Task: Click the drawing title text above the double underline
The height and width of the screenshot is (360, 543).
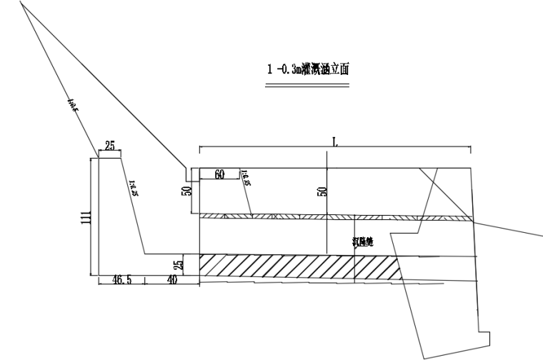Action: click(x=307, y=70)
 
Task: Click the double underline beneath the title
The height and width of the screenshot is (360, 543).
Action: click(x=307, y=87)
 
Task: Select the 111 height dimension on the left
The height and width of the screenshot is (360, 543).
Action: click(x=85, y=216)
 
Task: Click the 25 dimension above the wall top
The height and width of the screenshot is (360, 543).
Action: click(x=110, y=146)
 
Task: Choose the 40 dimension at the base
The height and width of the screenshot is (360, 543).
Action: click(x=171, y=281)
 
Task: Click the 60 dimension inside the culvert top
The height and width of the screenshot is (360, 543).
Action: click(x=219, y=174)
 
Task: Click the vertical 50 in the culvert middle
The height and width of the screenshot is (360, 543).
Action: click(x=322, y=191)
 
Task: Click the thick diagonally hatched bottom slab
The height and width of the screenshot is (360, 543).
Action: click(x=300, y=265)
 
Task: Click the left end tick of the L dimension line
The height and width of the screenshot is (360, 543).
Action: click(x=199, y=149)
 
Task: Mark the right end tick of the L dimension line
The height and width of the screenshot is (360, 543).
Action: click(x=470, y=149)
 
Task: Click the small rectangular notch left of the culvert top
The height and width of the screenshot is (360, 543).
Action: click(x=190, y=174)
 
